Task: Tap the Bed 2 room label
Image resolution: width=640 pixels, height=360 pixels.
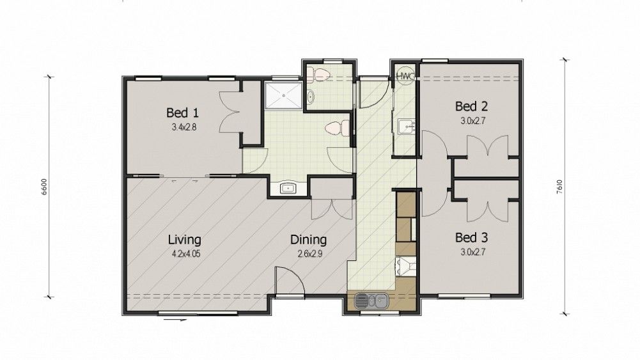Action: pos(471,107)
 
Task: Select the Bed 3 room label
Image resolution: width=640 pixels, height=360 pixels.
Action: pos(471,238)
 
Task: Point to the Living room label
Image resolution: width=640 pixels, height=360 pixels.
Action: pos(185,240)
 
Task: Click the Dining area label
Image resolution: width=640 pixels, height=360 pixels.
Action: pos(309,240)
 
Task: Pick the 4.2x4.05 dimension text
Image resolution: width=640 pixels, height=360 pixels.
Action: pos(186,254)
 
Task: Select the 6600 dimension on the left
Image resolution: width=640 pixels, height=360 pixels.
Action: pos(44,187)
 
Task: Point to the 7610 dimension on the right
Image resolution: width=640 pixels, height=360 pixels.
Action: pos(559,187)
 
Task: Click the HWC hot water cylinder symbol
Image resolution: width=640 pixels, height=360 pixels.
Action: pos(405,76)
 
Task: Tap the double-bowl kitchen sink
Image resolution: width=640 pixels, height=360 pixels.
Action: pos(371,301)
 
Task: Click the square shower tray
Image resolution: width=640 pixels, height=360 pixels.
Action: pos(284,95)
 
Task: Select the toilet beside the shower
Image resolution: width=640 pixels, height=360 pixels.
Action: pos(338,128)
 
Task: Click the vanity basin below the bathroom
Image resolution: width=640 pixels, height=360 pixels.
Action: pos(288,188)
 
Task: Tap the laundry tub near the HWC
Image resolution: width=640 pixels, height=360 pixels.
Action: pos(405,127)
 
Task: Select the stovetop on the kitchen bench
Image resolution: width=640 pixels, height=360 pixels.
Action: pos(406,267)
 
